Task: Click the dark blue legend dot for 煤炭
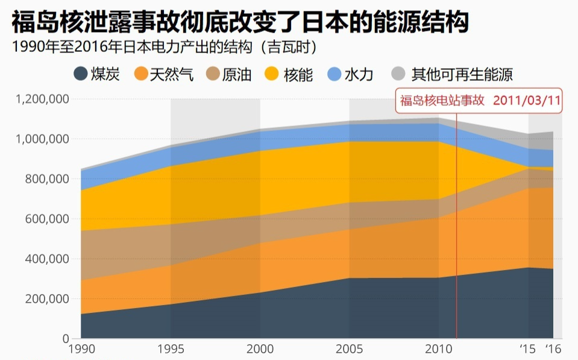click(x=81, y=74)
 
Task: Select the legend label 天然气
click(x=171, y=75)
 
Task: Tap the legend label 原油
click(x=237, y=75)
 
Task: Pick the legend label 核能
click(x=298, y=75)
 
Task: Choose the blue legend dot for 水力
click(x=335, y=74)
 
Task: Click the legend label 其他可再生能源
click(x=462, y=75)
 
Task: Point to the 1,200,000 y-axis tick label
click(x=42, y=99)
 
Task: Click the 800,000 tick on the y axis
click(x=47, y=179)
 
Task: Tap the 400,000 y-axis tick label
click(x=47, y=259)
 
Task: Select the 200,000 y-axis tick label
click(x=47, y=298)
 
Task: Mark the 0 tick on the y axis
click(x=66, y=338)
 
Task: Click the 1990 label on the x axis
click(x=82, y=349)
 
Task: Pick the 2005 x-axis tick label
click(x=349, y=349)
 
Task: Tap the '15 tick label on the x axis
click(x=527, y=349)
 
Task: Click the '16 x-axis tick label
click(x=553, y=349)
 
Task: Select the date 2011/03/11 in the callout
click(x=527, y=100)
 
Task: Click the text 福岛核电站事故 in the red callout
click(x=442, y=100)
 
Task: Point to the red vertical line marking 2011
click(x=456, y=226)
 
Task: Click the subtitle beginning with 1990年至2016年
click(x=165, y=47)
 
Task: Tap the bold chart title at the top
click(x=240, y=22)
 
